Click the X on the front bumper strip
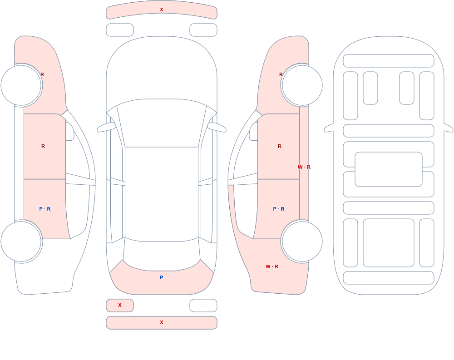tap(162, 10)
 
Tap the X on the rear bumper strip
tap(162, 322)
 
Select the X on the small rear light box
tap(120, 305)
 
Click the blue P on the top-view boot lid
tap(162, 277)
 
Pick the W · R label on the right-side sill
tap(304, 167)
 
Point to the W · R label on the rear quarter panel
tap(272, 266)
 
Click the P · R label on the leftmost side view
tap(45, 209)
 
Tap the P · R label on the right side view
tap(279, 209)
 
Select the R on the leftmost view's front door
tap(43, 146)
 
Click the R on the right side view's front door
tap(280, 146)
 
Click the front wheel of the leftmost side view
tap(21, 85)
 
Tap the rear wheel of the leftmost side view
tap(21, 241)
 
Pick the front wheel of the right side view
tap(302, 85)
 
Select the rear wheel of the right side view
tap(302, 241)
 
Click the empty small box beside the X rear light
tap(203, 306)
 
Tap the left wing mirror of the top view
tap(106, 128)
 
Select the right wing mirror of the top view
tap(217, 128)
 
